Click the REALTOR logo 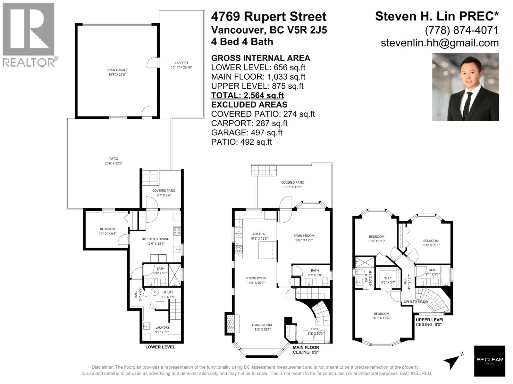click(29, 35)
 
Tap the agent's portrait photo click(465, 87)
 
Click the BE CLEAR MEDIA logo click(489, 361)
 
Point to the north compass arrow click(453, 361)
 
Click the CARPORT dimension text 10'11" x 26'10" click(181, 68)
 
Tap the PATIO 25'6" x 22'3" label click(114, 161)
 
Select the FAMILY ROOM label click(304, 236)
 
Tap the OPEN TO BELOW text click(416, 302)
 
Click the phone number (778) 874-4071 click(462, 30)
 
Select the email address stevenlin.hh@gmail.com click(440, 43)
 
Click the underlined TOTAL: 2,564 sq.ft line click(247, 95)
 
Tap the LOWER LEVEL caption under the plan click(160, 347)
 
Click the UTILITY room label click(168, 292)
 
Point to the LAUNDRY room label click(162, 327)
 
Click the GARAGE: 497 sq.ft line click(247, 132)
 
